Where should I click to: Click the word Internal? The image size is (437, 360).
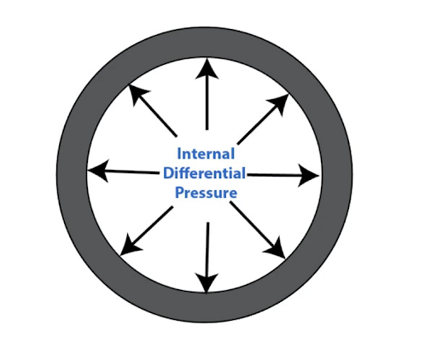click(206, 154)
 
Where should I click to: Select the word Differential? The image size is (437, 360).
click(204, 173)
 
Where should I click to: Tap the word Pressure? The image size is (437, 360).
click(206, 193)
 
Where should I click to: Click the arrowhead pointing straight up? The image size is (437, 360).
click(207, 68)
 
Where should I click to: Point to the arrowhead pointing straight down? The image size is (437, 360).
click(207, 282)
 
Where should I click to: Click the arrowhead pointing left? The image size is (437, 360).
click(97, 171)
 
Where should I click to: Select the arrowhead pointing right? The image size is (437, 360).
click(308, 176)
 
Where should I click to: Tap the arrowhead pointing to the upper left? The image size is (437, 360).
click(137, 94)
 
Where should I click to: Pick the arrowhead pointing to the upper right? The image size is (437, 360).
click(279, 104)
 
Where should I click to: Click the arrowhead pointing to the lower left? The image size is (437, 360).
click(130, 246)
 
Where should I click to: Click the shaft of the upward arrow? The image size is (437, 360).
click(207, 103)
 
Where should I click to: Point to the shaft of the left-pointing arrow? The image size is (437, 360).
click(131, 171)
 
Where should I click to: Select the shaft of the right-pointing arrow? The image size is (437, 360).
click(275, 175)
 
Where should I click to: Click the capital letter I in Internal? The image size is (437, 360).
click(179, 154)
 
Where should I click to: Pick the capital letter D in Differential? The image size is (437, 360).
click(168, 173)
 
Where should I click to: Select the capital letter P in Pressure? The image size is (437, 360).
click(179, 193)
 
